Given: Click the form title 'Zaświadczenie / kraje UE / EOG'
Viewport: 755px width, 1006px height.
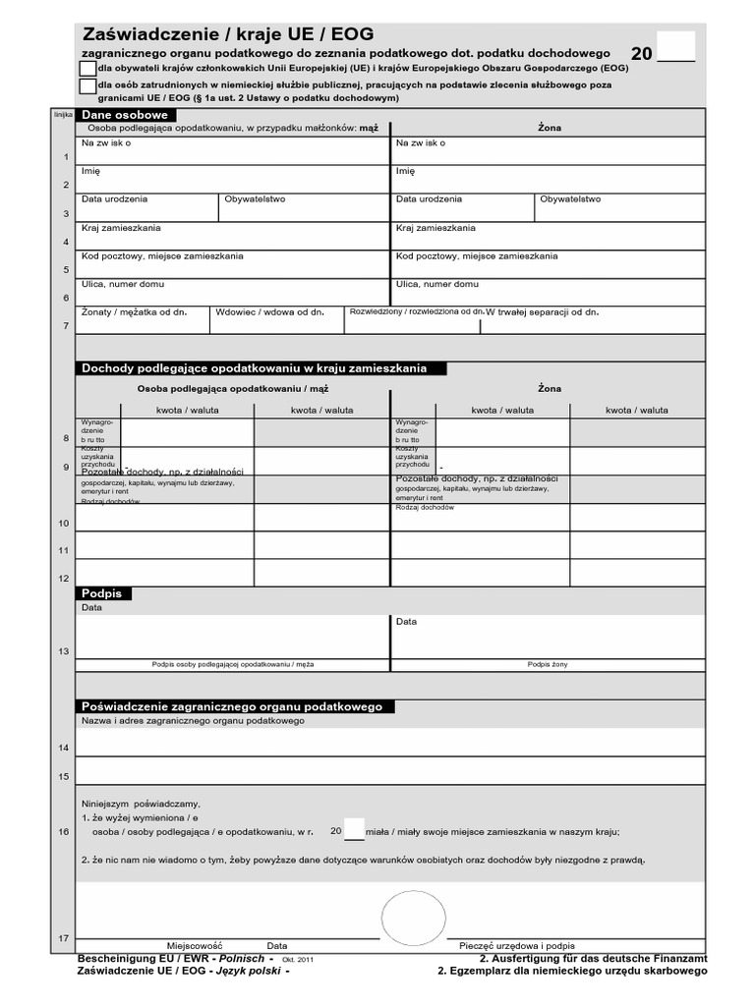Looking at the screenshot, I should tap(228, 34).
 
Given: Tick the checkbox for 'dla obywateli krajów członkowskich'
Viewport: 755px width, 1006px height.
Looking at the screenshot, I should tap(87, 69).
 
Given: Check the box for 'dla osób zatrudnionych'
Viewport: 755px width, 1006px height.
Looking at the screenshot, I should tap(87, 88).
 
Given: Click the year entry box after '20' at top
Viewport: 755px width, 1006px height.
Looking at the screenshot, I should tap(675, 46).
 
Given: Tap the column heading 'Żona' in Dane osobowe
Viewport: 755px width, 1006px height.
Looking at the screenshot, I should tap(549, 128).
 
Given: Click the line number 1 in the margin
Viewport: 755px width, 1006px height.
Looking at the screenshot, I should tap(66, 157).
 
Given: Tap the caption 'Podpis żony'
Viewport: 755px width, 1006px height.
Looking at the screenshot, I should tap(547, 664).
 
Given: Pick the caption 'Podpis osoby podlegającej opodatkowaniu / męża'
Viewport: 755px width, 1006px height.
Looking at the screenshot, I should tap(233, 664).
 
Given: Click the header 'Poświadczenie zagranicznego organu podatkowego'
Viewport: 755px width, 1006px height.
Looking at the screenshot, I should tap(236, 706).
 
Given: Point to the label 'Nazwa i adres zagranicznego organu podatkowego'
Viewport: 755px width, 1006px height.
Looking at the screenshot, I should tap(193, 721).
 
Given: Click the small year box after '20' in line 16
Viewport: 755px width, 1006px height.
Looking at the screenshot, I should tap(354, 830).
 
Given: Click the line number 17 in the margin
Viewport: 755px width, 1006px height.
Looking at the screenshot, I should tap(64, 938).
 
